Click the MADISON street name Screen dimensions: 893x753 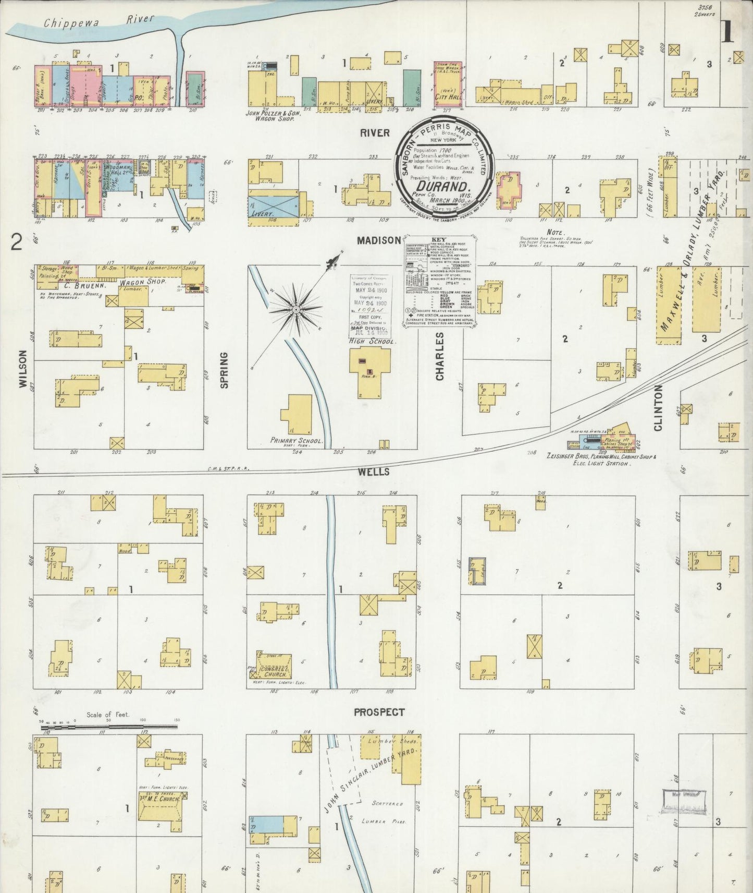pyautogui.click(x=379, y=240)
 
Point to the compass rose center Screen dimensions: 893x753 pyautogui.click(x=295, y=310)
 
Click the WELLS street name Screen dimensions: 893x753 pyautogui.click(x=374, y=472)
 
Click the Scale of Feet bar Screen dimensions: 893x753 pyautogui.click(x=109, y=726)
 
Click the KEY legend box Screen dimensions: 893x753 pyautogui.click(x=439, y=282)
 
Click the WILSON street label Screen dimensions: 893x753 pyautogui.click(x=22, y=368)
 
